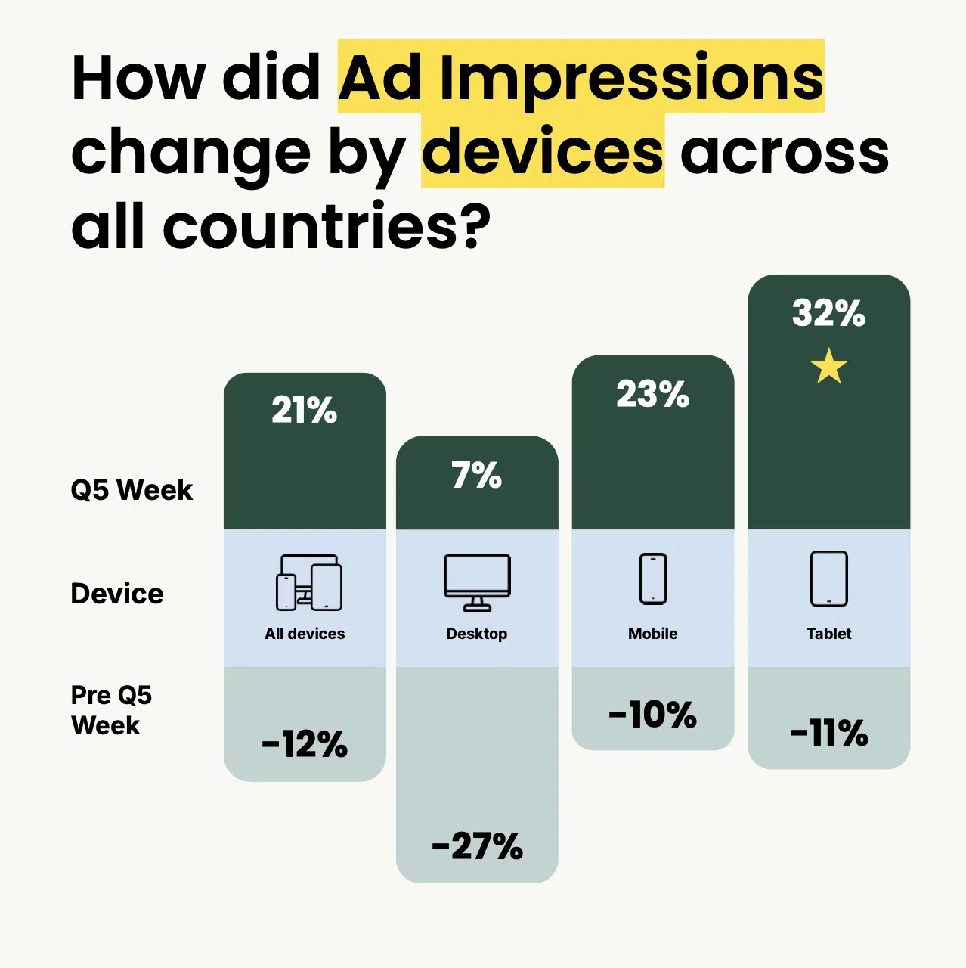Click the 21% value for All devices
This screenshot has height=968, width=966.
coord(304,411)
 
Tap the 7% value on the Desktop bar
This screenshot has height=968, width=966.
coord(476,476)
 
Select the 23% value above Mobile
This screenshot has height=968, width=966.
coord(652,394)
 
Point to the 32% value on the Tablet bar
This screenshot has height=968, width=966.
coord(828,313)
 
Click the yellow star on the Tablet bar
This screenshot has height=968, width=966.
coord(828,367)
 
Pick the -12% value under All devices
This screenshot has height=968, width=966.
coord(304,745)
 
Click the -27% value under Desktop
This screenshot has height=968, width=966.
coord(476,846)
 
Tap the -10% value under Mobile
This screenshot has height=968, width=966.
coord(652,715)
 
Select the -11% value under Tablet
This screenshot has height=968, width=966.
coord(828,733)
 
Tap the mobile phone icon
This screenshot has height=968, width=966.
coord(653,579)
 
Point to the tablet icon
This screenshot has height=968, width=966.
coord(828,579)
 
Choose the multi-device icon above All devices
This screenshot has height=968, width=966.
coord(308,582)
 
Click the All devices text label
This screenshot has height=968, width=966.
coord(304,634)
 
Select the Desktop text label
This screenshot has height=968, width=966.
coord(476,634)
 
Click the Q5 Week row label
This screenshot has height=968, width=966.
coord(132,490)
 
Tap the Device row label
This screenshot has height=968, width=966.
coord(116,594)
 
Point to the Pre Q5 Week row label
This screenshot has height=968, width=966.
coord(110,710)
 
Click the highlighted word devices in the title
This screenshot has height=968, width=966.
coord(542,152)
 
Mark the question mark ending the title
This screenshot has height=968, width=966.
coord(475,228)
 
